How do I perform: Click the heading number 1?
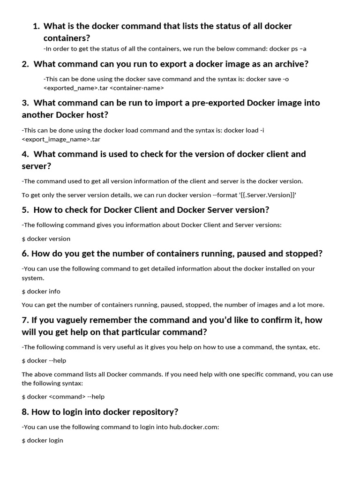(x=36, y=26)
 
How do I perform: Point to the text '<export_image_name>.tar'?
(x=61, y=139)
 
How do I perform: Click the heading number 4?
(x=25, y=154)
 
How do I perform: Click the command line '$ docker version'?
(x=46, y=239)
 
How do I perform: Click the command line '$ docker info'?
(x=41, y=291)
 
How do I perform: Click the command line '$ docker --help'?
(x=44, y=360)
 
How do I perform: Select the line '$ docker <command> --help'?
(x=63, y=397)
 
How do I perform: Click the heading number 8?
(x=25, y=412)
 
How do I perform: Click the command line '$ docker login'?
(x=42, y=440)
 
